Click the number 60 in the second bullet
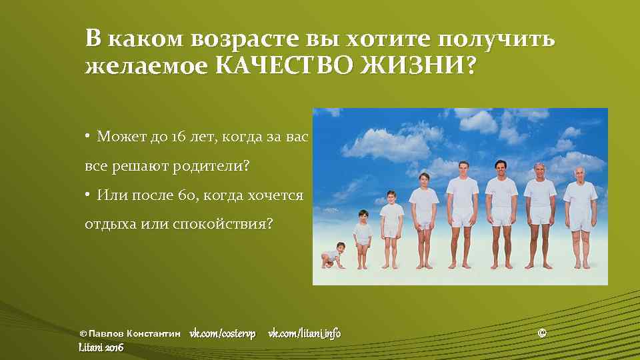[x=185, y=195]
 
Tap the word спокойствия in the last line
[x=219, y=224]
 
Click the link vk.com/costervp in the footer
[x=222, y=333]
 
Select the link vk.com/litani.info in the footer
[x=304, y=333]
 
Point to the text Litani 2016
[x=101, y=347]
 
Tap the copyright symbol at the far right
[x=541, y=333]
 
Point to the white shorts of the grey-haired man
[x=540, y=215]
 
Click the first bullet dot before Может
[x=87, y=137]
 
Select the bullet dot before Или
[x=87, y=195]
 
